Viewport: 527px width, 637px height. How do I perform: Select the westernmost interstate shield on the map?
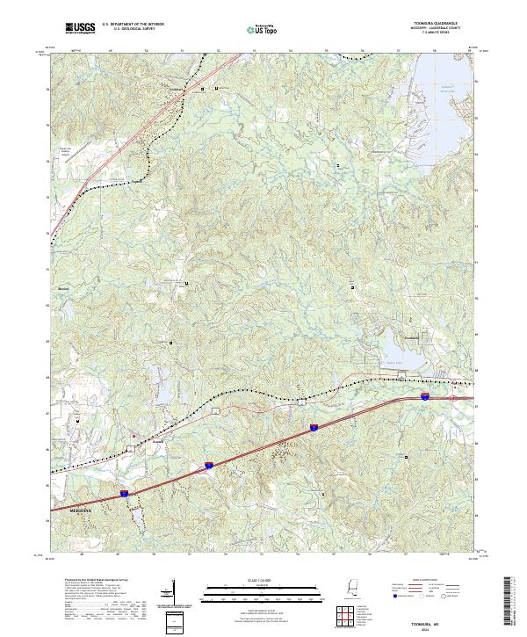(124, 494)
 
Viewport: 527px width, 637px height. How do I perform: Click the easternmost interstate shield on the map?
(423, 397)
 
